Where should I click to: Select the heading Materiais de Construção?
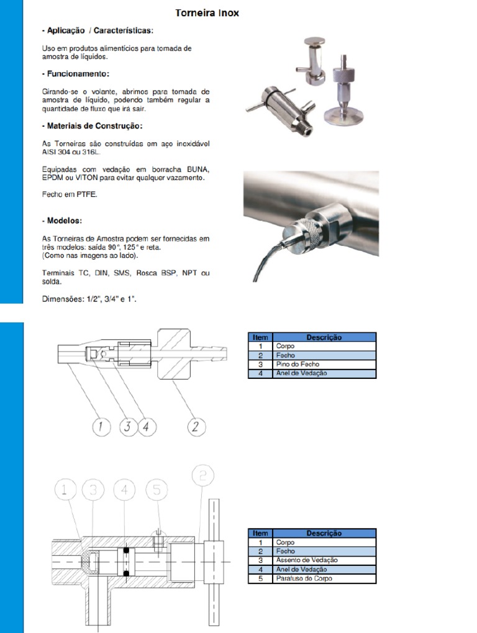coord(92,126)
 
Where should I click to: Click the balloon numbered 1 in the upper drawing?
coord(101,427)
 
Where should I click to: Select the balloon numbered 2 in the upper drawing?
coord(196,427)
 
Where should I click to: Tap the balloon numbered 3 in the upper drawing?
coord(127,427)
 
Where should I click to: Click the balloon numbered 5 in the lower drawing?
coord(157,491)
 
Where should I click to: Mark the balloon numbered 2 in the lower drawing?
coord(206,476)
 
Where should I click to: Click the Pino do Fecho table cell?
coord(324,364)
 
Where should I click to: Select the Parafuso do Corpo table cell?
coord(324,578)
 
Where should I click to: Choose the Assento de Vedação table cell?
coord(324,560)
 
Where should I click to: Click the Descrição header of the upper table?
coord(324,337)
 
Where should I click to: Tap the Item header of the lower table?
coord(260,533)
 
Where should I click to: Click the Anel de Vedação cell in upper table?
coord(324,373)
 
